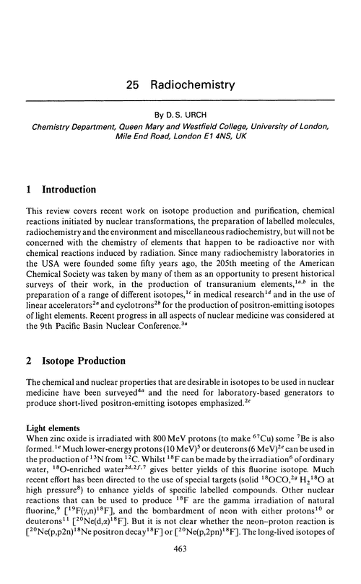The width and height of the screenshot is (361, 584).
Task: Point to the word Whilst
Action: click(189, 464)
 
